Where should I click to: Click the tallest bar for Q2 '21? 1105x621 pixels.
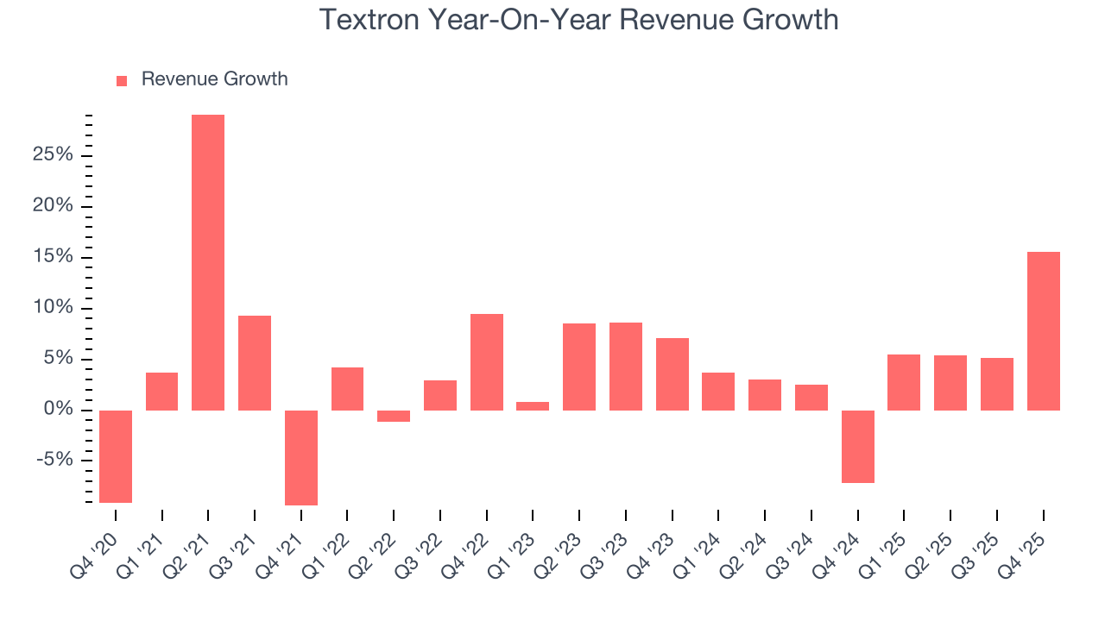tap(208, 262)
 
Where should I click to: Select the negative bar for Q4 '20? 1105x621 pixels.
tap(116, 456)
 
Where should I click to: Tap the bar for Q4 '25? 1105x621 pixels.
tap(1043, 331)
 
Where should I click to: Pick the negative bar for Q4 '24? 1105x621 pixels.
tap(857, 446)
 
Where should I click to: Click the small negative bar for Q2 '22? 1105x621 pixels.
tap(394, 416)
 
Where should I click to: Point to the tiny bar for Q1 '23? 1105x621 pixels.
tap(533, 406)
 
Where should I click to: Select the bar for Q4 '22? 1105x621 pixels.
tap(487, 362)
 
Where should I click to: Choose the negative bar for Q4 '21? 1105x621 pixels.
tap(301, 457)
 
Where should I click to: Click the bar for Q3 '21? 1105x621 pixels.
tap(255, 363)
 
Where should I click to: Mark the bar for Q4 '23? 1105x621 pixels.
tap(672, 374)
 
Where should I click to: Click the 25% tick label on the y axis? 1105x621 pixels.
tap(54, 155)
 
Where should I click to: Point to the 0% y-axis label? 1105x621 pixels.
tap(59, 410)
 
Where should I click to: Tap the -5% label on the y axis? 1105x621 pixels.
tap(55, 461)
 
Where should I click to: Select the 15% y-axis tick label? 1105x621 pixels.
tap(54, 257)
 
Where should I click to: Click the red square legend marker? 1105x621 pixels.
tap(122, 80)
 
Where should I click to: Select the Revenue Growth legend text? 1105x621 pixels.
tap(214, 79)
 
